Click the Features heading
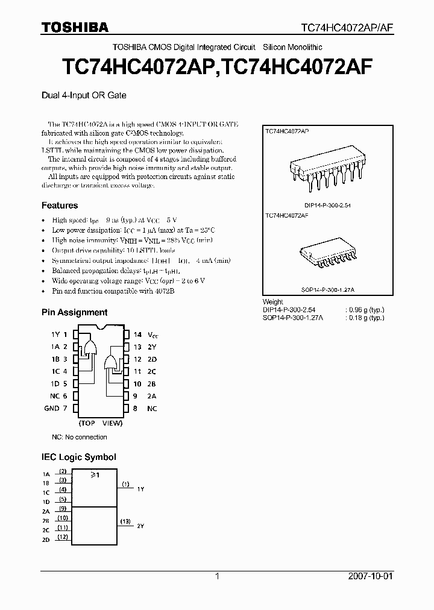point(60,206)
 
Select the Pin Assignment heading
point(74,312)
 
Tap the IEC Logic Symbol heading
point(78,457)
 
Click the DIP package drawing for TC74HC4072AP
point(326,168)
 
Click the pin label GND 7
point(55,408)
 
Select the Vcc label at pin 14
point(153,334)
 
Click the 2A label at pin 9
point(151,396)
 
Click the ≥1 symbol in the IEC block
point(95,476)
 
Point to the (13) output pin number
point(125,521)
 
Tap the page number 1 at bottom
point(217,576)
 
